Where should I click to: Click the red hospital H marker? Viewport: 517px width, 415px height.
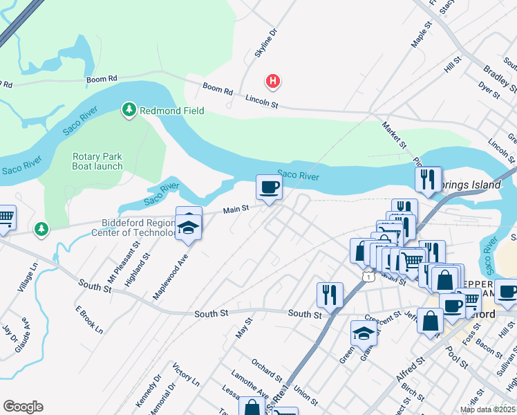pyautogui.click(x=274, y=82)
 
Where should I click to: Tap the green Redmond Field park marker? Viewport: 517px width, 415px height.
pyautogui.click(x=129, y=110)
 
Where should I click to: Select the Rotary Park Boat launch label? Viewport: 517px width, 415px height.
pyautogui.click(x=97, y=161)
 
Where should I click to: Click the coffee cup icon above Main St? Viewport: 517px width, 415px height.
pyautogui.click(x=269, y=187)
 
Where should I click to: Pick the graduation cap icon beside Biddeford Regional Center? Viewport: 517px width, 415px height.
pyautogui.click(x=188, y=226)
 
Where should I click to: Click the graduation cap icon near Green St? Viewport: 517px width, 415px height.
pyautogui.click(x=364, y=333)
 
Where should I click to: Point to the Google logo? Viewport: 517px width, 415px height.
pyautogui.click(x=23, y=407)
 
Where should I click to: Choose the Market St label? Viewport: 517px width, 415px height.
pyautogui.click(x=395, y=136)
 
